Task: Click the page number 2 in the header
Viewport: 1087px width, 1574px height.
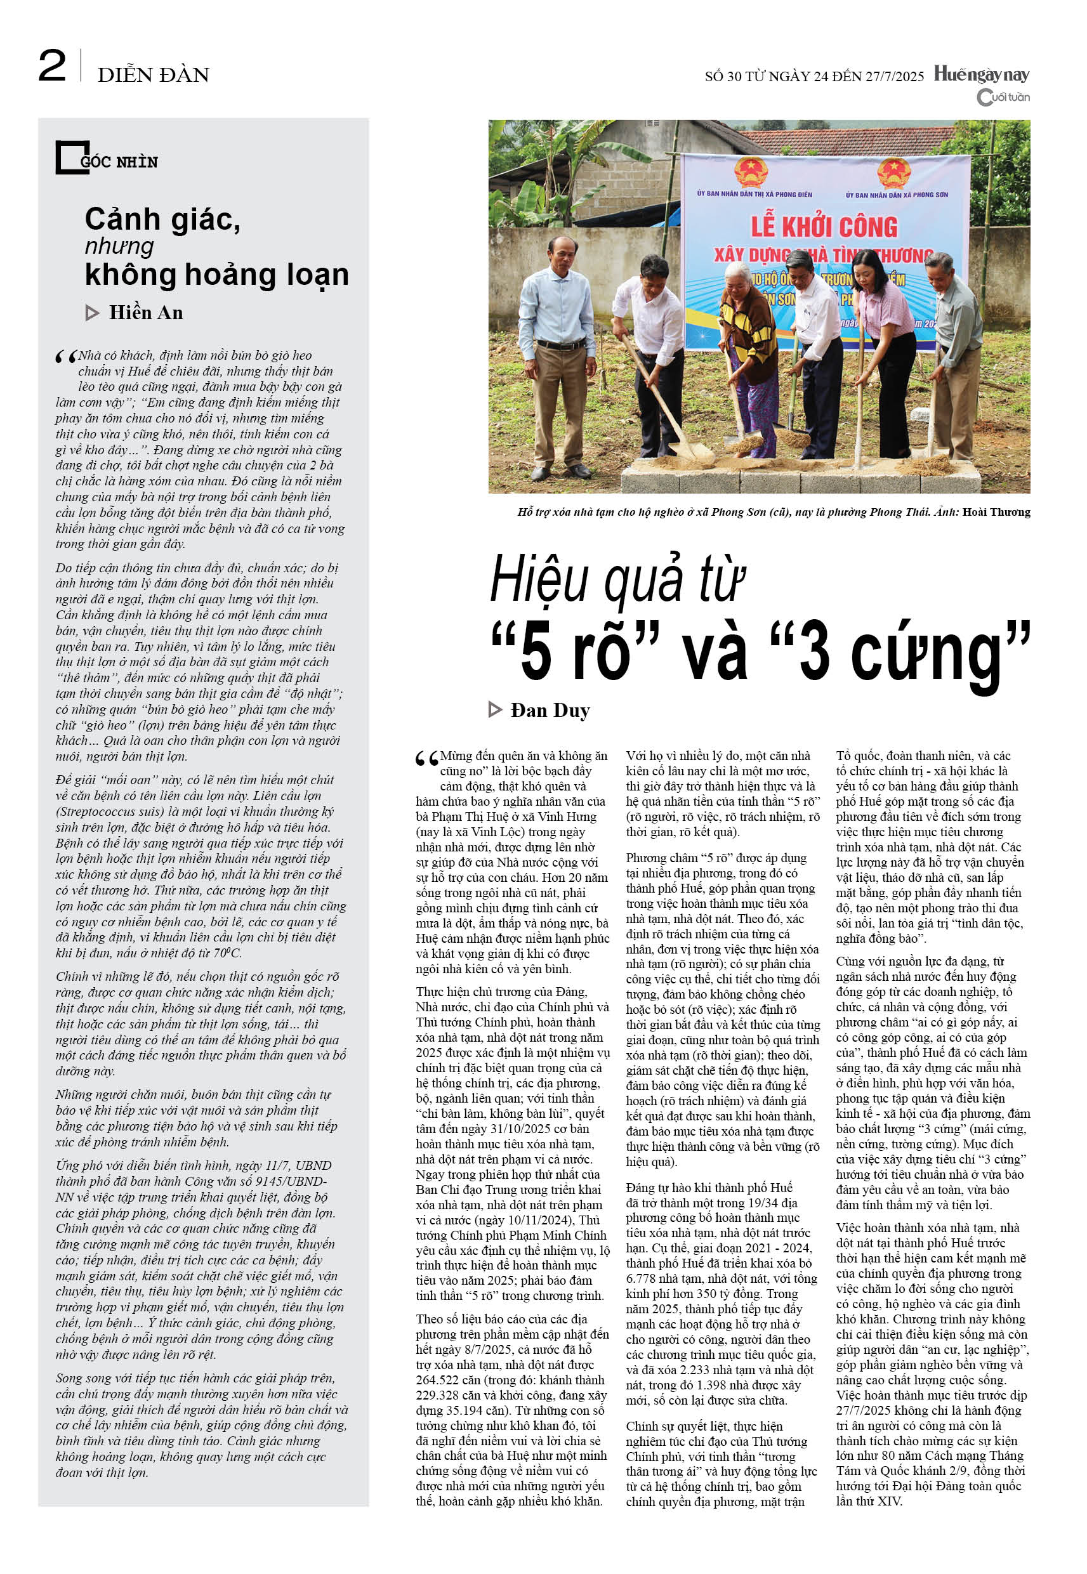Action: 52,66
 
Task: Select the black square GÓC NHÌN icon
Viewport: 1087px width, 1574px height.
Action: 71,157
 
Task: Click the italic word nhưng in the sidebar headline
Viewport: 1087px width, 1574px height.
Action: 119,246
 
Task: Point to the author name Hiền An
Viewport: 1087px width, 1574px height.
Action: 146,313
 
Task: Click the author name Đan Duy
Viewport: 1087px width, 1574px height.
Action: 550,710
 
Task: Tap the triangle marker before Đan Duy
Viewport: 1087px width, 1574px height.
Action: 495,710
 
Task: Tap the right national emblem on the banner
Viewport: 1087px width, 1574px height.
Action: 894,173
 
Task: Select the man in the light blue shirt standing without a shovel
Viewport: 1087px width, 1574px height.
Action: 559,341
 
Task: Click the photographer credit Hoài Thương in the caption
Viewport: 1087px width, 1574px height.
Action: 996,512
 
